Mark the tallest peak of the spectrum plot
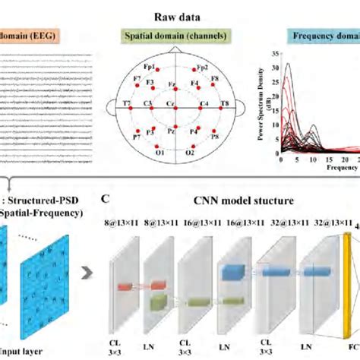[x=287, y=65]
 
